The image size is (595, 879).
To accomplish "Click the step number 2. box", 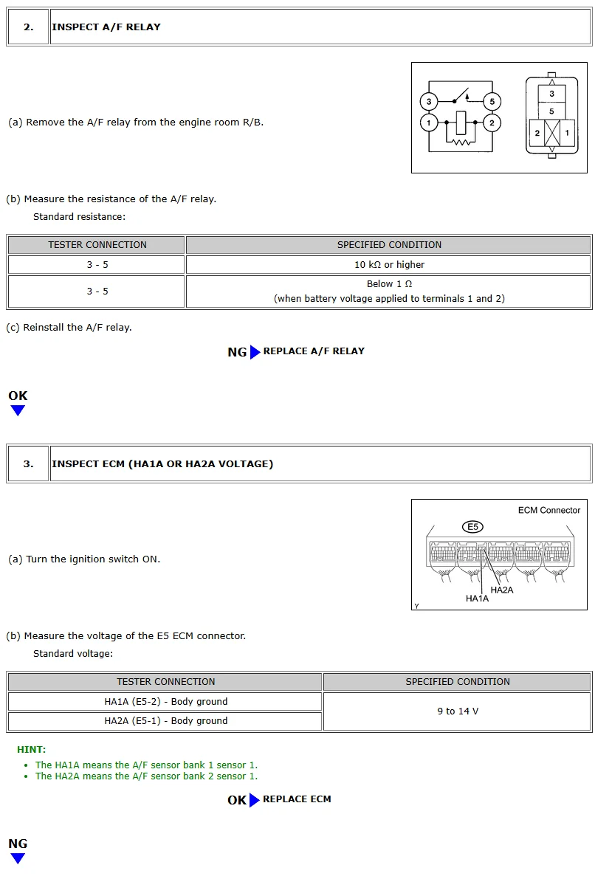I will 28,27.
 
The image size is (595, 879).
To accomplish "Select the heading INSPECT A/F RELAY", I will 106,27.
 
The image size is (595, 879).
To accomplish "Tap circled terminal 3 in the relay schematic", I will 429,102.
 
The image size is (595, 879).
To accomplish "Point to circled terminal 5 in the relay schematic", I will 492,102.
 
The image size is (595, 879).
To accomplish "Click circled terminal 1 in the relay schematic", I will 429,122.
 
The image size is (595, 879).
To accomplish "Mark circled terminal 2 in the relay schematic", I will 492,122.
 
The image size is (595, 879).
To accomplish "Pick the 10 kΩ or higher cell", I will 389,265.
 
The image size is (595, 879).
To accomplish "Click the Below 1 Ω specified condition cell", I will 389,292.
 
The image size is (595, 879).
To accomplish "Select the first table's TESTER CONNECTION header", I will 97,245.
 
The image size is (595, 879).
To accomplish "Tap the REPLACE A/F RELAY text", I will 314,351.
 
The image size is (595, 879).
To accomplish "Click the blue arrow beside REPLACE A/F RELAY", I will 255,352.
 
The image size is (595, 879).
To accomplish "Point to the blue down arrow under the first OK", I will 18,411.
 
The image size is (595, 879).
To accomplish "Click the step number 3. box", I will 28,464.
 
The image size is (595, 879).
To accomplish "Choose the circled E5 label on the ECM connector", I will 472,527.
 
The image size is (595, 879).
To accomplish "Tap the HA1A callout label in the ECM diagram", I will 477,599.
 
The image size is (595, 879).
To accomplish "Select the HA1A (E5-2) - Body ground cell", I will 165,702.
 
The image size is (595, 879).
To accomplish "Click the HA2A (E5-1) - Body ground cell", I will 165,721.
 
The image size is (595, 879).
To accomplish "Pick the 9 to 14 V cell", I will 458,711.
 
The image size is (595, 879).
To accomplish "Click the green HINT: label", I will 31,750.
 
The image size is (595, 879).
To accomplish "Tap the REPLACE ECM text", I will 297,799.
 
